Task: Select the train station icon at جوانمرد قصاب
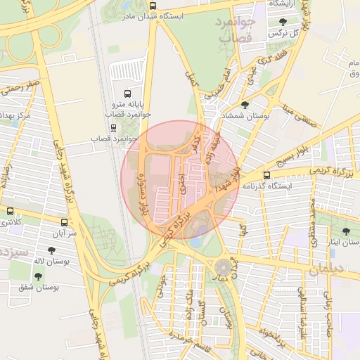coord(113,127)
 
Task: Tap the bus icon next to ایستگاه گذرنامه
coord(266,175)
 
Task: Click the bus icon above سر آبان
coord(64,220)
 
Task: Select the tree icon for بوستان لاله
coord(52,250)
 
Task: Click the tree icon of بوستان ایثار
coord(346,231)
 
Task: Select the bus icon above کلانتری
coord(10,210)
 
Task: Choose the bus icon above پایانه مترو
coord(127,93)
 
